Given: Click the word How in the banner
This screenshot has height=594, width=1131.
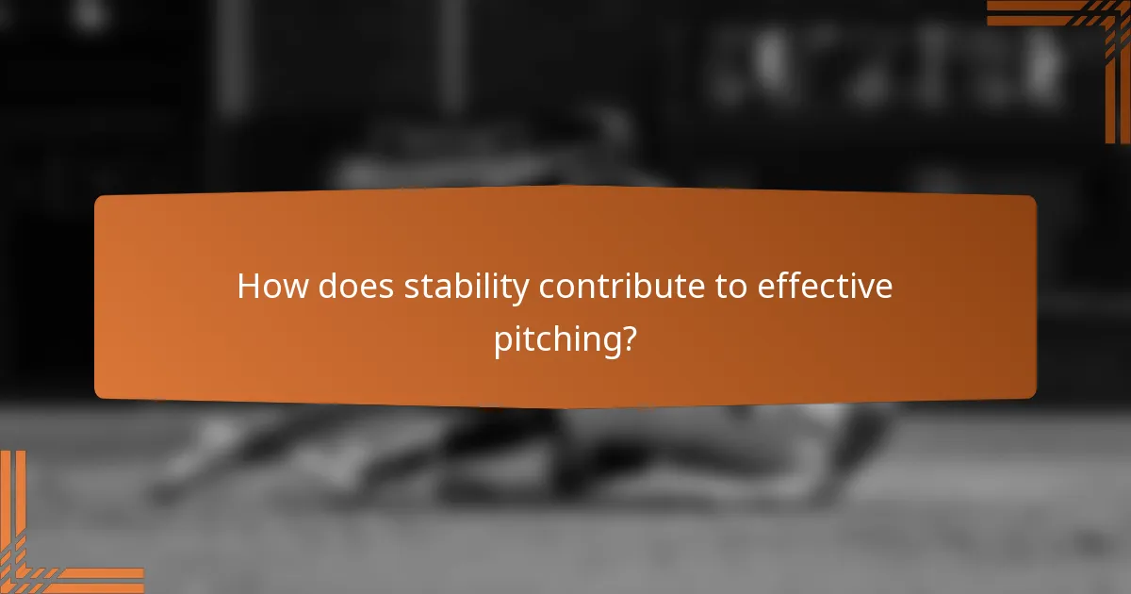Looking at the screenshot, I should tap(272, 287).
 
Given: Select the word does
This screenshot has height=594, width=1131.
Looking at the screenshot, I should tap(357, 287).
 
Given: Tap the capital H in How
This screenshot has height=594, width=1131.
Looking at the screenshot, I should tap(249, 287).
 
